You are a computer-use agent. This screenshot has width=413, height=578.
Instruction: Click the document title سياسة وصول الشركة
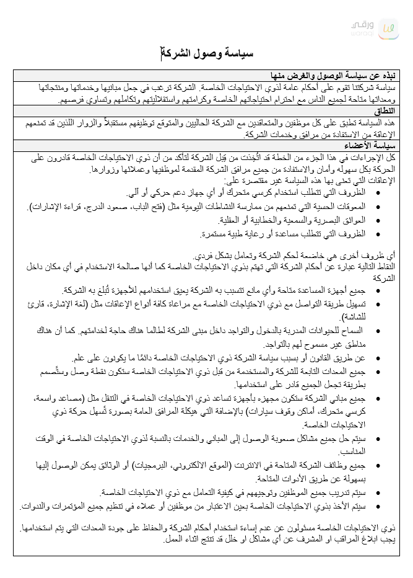pos(207,55)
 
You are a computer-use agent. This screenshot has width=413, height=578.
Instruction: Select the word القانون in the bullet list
pos(326,357)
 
